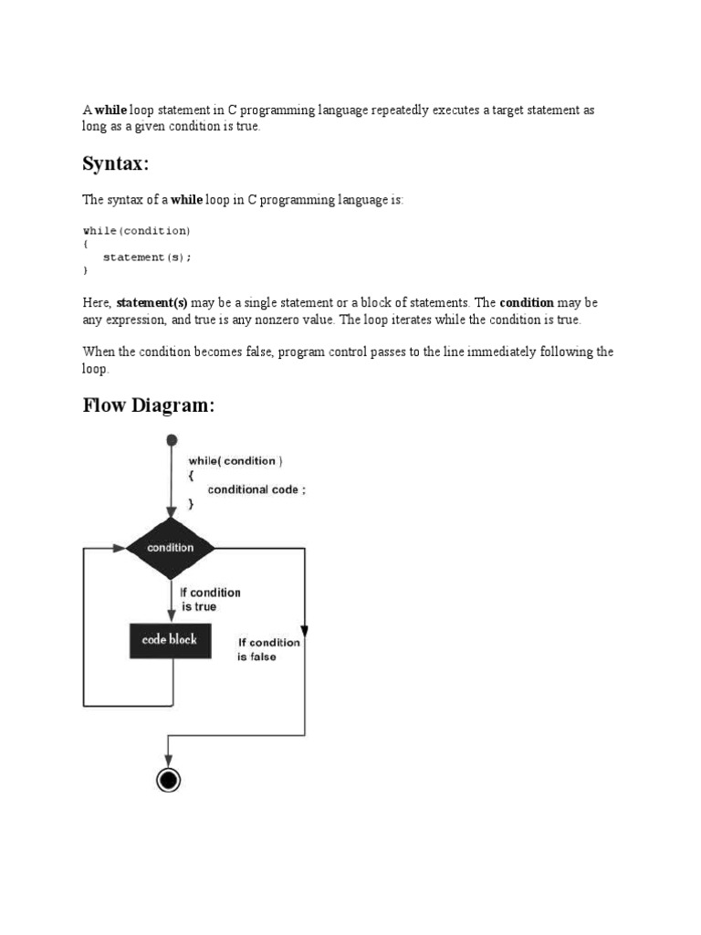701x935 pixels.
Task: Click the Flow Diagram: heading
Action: pos(148,404)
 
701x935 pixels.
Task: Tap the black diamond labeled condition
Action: pos(170,548)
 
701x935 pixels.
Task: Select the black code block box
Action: pos(170,640)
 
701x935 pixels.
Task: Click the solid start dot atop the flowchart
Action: pos(170,440)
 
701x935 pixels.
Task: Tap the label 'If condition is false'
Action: pos(268,649)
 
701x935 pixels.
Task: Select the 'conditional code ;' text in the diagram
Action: pos(256,489)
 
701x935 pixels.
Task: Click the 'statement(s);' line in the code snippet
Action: pos(147,257)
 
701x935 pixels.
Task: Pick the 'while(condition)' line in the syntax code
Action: pos(137,231)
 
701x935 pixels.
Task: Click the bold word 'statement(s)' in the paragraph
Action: pos(152,302)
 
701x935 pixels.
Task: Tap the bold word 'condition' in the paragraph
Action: pos(527,302)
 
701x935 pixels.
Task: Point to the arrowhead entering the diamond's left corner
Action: pos(119,548)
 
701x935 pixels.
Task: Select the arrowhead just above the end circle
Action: pos(168,760)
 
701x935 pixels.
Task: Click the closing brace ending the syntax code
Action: pos(86,271)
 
